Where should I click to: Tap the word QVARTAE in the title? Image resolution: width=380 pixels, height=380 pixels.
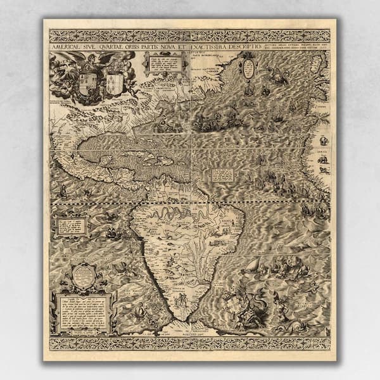click(x=113, y=46)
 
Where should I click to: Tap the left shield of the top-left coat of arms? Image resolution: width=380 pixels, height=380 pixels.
click(x=87, y=83)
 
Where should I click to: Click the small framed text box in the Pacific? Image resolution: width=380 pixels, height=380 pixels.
click(x=70, y=225)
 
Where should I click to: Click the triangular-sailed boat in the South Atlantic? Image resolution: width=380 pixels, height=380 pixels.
click(x=253, y=265)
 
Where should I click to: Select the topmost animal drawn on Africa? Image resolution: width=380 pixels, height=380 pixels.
click(x=324, y=140)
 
